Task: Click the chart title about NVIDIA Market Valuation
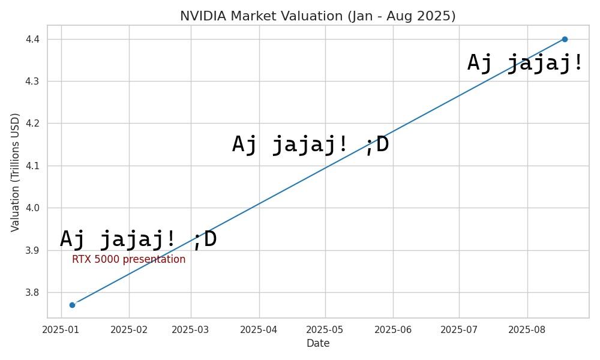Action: click(318, 16)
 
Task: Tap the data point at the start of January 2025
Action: click(72, 305)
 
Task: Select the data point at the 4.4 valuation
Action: click(565, 39)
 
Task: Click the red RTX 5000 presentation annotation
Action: click(128, 260)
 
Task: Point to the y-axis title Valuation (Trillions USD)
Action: click(16, 172)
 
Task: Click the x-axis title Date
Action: click(318, 344)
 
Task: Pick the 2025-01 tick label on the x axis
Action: click(61, 329)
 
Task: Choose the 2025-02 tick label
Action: click(129, 329)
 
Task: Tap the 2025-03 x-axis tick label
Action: click(191, 329)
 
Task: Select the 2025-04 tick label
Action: click(259, 329)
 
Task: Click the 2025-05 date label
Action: click(325, 329)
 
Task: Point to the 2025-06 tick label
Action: click(393, 329)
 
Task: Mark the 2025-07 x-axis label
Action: click(459, 329)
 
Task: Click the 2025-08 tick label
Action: click(527, 329)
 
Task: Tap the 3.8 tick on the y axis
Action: click(34, 293)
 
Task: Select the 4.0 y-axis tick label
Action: click(34, 208)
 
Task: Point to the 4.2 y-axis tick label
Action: click(34, 124)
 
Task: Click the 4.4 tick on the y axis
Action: click(34, 40)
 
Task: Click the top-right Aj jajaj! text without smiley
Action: click(525, 63)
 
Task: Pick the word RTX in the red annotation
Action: click(81, 260)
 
